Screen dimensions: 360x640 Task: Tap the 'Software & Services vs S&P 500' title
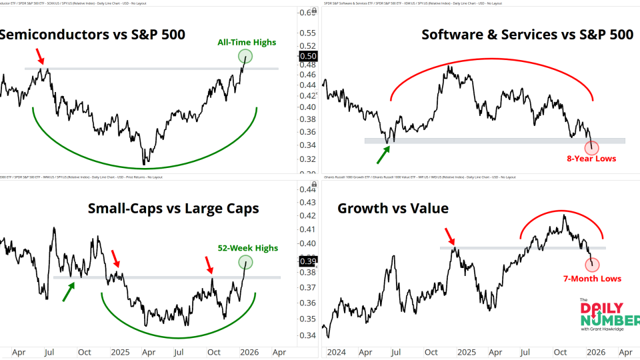click(527, 34)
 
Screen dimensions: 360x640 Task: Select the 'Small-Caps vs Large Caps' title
click(173, 209)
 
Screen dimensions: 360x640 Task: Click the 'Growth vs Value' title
click(393, 209)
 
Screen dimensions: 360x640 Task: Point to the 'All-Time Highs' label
click(247, 43)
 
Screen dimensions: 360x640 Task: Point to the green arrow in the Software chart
click(384, 154)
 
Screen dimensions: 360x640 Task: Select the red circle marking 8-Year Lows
click(591, 147)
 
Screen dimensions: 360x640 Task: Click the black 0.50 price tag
click(309, 55)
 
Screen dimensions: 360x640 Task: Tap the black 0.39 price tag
click(309, 260)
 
